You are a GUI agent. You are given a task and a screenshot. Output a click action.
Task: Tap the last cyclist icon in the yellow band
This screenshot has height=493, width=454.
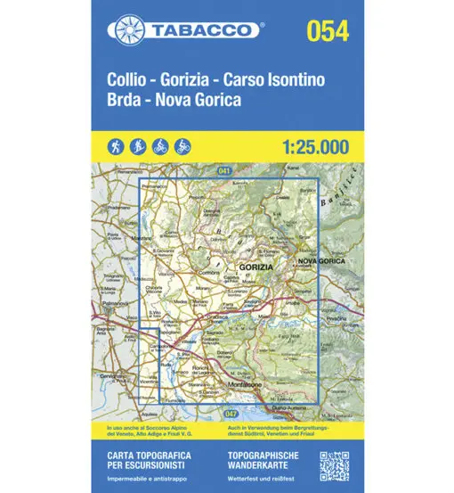[x=182, y=145]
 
